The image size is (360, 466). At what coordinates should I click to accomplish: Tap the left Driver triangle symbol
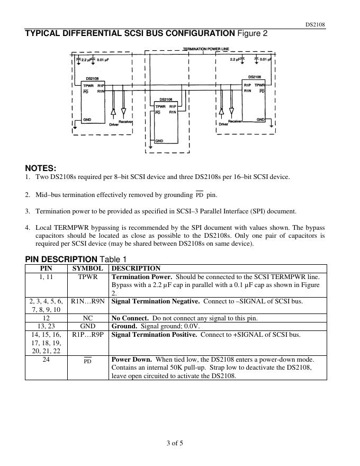[113, 112]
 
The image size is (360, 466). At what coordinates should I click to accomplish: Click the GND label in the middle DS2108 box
[159, 141]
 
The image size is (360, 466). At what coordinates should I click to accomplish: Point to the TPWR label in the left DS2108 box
[88, 85]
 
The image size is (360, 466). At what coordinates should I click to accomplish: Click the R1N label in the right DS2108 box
[247, 91]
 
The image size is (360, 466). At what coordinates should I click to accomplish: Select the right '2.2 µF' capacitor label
[237, 60]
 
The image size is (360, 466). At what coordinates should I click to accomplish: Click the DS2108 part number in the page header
[316, 25]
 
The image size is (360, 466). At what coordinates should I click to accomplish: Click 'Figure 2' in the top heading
[253, 34]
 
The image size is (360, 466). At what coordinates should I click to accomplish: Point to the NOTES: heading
[40, 168]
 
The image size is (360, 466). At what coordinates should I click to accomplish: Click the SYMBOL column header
[87, 268]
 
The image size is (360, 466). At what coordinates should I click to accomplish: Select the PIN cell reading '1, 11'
[46, 277]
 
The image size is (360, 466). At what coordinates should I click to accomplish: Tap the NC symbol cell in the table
[88, 318]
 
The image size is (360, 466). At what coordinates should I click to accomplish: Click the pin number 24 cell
[46, 359]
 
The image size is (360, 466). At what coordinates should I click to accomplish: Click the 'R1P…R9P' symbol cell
[88, 334]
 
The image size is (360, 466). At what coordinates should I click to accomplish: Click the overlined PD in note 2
[200, 195]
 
